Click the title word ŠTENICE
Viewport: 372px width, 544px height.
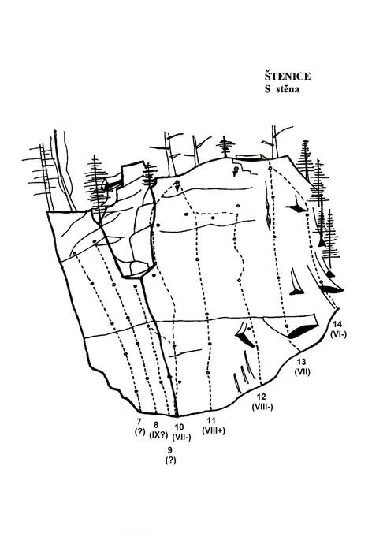(x=288, y=76)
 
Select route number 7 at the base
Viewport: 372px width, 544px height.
(x=139, y=422)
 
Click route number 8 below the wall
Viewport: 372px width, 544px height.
(x=156, y=425)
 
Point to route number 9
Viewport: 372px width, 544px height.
(x=170, y=450)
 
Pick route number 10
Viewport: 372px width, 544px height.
(x=180, y=427)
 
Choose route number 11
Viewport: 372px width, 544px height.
(x=211, y=421)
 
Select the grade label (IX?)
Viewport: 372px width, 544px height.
(x=158, y=434)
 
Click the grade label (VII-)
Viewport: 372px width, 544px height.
(x=182, y=437)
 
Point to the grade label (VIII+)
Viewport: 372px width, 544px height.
(x=214, y=430)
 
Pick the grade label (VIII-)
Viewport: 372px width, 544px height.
(x=262, y=407)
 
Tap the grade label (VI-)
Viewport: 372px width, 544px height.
(x=339, y=334)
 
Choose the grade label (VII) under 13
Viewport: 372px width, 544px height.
(x=303, y=372)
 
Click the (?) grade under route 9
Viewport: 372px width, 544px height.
(x=170, y=460)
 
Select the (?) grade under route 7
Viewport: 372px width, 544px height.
(x=139, y=432)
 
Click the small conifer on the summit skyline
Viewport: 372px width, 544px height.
(x=225, y=147)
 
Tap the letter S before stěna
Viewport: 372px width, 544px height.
(x=268, y=89)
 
